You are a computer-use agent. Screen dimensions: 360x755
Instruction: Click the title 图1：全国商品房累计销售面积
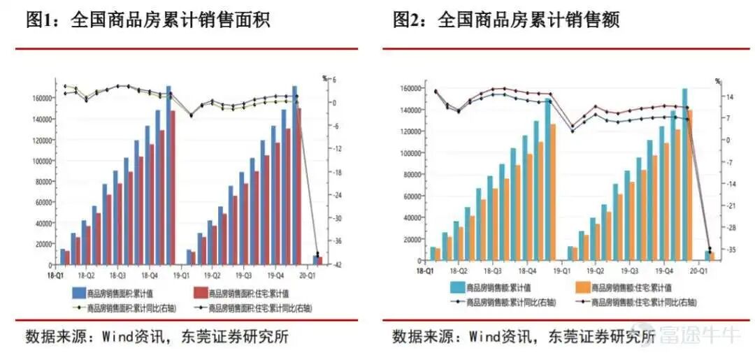click(x=148, y=20)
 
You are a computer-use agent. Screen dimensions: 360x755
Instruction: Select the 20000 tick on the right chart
click(x=412, y=240)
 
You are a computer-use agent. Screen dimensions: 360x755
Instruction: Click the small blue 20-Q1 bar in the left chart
click(x=316, y=260)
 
